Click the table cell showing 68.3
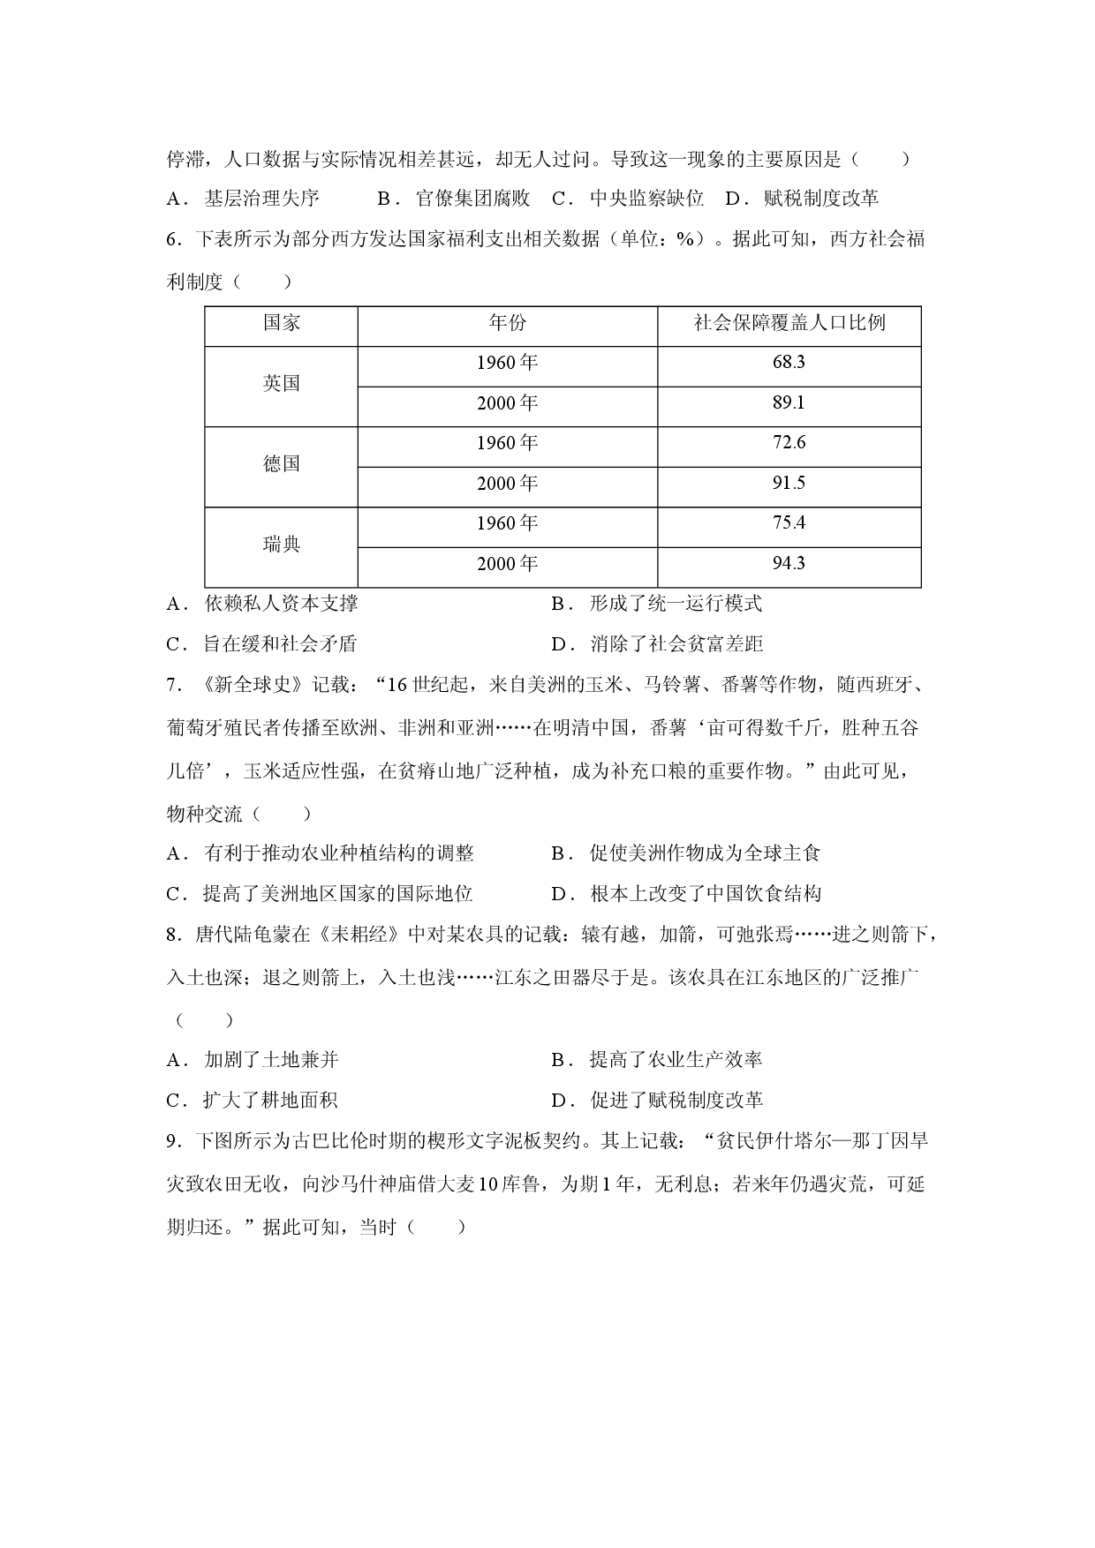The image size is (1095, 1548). [x=789, y=363]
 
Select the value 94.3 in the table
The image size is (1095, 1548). [x=789, y=563]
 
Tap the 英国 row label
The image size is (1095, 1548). [x=282, y=383]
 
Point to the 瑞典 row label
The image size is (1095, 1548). [x=282, y=545]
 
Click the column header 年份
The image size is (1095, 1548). [x=507, y=323]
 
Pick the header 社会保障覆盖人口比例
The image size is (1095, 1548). [x=789, y=323]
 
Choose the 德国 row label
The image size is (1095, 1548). [x=282, y=464]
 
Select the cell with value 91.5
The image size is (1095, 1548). [x=789, y=483]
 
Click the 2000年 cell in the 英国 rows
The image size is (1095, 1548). [x=507, y=403]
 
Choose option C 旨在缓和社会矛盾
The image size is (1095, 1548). [x=261, y=644]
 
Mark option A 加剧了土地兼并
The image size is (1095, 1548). [x=253, y=1060]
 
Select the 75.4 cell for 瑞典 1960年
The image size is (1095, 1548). [x=789, y=523]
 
